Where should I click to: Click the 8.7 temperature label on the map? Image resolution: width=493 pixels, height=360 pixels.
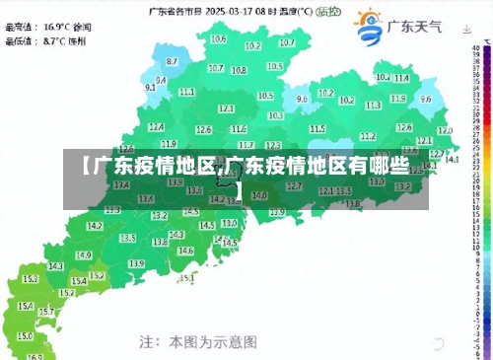173,61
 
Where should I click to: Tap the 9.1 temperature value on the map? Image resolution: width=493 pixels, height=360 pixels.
151,87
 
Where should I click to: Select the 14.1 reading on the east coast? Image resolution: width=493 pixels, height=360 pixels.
452,159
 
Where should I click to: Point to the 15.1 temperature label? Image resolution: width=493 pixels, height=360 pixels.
186,277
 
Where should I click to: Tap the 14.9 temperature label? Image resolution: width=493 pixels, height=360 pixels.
84,255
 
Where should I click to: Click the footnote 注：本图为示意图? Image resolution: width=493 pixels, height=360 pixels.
197,341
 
